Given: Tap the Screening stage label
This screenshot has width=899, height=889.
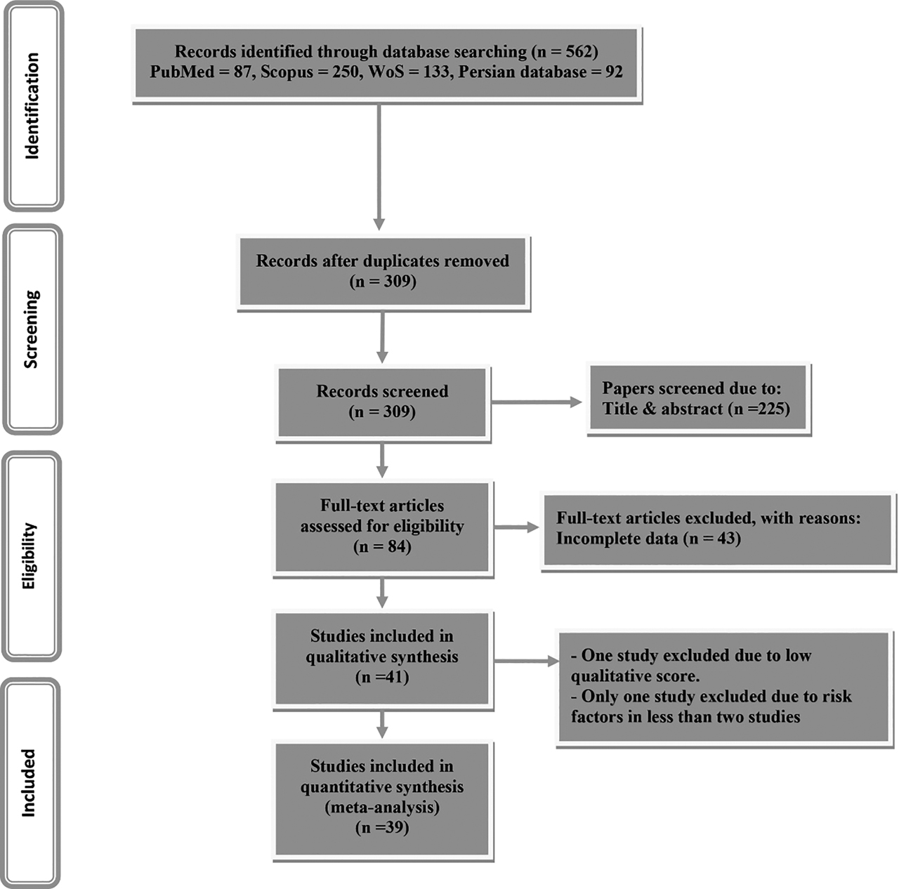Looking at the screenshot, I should [x=32, y=329].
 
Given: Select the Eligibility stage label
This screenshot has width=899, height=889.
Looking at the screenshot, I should [x=29, y=555].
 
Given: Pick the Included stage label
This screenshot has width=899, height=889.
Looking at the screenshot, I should [x=29, y=782].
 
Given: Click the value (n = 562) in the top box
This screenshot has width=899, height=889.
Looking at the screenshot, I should [x=565, y=51].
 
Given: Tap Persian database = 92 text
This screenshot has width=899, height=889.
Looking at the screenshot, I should [x=540, y=72].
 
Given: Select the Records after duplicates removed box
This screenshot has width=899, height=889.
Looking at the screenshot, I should [x=383, y=271].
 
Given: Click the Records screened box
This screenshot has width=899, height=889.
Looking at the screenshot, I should [x=382, y=402].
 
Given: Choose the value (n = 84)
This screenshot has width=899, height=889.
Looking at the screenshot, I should [x=382, y=546].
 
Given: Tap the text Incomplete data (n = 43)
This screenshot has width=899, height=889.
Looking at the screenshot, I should [x=648, y=539].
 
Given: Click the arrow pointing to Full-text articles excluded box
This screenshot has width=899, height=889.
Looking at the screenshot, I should [x=516, y=527].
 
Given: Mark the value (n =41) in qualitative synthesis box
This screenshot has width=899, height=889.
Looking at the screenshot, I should [x=382, y=677].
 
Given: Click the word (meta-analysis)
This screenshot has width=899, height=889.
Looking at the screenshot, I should [x=382, y=807].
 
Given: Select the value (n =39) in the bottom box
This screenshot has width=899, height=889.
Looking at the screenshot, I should [x=382, y=827].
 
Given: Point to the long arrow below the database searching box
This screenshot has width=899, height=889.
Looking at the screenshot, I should [x=379, y=165].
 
